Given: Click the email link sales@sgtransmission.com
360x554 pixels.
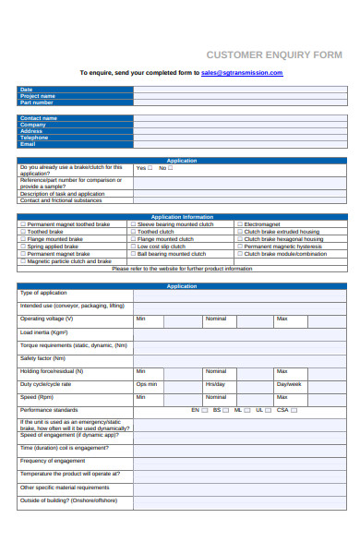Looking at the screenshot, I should coord(242,72).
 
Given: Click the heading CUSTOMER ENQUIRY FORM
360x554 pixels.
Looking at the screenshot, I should coord(273,55).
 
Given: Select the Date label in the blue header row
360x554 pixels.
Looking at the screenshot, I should coord(26,90).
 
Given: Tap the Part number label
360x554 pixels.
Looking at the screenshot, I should coord(37,102).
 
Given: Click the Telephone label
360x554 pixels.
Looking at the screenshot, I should coord(34,138).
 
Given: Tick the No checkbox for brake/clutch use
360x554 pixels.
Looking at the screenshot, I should coord(170,168).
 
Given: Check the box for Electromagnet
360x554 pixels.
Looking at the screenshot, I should coord(240,224).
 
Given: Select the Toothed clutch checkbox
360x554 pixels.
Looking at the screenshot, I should coord(133,232).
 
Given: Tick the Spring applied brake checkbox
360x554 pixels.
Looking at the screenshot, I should coord(22,247).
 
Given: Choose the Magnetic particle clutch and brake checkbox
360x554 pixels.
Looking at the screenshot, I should coord(22,261).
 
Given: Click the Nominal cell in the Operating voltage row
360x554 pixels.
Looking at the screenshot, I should coord(215,319).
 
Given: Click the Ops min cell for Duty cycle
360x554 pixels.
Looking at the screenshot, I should coord(147,383).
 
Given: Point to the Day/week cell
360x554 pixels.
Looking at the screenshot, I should coord(289,383).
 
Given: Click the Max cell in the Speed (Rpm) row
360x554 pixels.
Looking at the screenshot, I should coord(282,396).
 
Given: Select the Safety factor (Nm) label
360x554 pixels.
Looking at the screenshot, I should coord(42,357).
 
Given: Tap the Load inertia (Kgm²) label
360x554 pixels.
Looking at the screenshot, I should coord(44,331).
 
